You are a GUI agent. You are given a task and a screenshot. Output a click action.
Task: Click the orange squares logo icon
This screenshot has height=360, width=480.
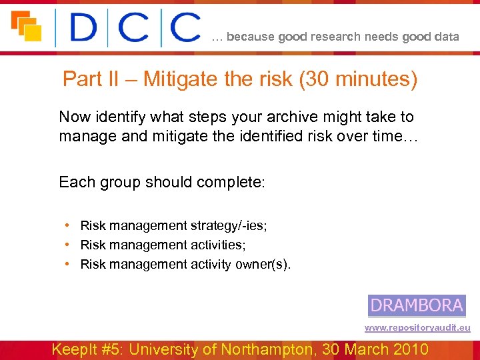point(26,26)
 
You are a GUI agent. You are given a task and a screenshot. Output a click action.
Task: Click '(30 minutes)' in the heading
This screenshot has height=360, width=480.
point(359,80)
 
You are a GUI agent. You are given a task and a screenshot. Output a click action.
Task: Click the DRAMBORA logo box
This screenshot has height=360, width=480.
point(417,305)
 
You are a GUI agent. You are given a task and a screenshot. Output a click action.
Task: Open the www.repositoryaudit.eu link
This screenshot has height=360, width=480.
point(417,328)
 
